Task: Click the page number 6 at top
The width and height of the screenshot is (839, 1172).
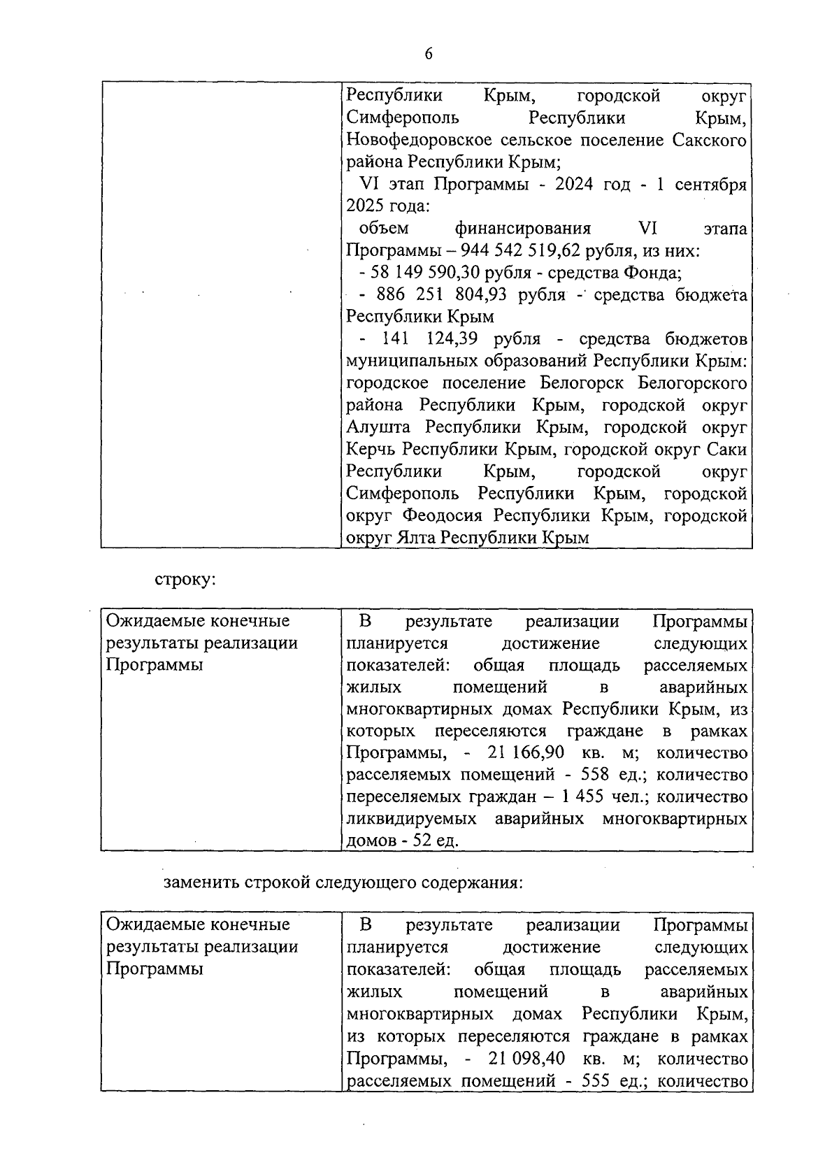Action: (x=428, y=54)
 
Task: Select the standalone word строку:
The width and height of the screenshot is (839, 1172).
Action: (x=185, y=580)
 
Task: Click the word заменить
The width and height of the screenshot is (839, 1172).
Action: (x=200, y=882)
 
